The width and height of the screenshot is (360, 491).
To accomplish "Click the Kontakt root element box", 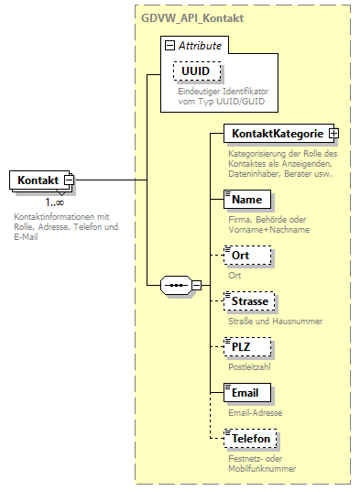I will pyautogui.click(x=38, y=181).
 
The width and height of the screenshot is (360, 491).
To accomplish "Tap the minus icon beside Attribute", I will pyautogui.click(x=169, y=45).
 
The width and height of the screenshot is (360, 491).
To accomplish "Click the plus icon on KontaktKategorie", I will pyautogui.click(x=333, y=134).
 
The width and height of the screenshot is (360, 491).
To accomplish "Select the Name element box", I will pyautogui.click(x=247, y=199).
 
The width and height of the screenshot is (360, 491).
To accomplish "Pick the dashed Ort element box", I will pyautogui.click(x=241, y=256).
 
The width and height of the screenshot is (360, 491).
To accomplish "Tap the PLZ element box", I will pyautogui.click(x=243, y=347).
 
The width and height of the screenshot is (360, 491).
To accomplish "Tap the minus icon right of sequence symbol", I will pyautogui.click(x=196, y=285).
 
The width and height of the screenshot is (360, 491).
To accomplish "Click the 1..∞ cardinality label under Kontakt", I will pyautogui.click(x=55, y=202).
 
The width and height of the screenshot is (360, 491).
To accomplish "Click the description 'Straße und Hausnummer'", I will pyautogui.click(x=274, y=321).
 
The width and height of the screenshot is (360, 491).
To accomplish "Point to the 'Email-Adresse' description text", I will pyautogui.click(x=256, y=412).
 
